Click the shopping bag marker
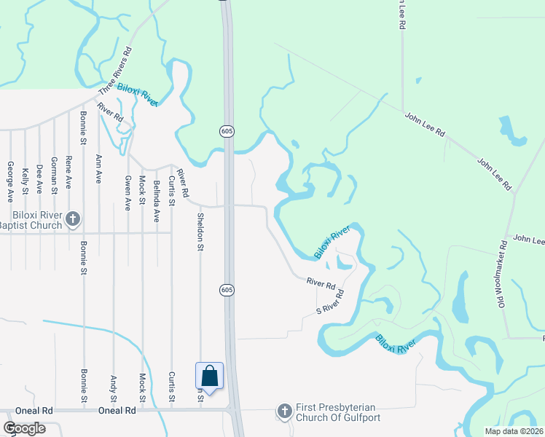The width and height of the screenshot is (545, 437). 209,377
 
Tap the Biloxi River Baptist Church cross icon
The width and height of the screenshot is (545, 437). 72,218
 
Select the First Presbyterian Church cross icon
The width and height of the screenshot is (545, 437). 285,412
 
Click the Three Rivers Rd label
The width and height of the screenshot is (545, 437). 117,71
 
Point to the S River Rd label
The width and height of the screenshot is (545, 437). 329,302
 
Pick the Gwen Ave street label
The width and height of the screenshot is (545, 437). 128,193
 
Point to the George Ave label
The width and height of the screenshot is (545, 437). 10,181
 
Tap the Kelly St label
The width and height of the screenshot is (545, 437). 25,181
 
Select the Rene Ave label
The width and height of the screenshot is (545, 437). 68,173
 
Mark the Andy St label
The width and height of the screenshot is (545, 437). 113,388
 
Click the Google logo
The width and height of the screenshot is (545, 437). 25,428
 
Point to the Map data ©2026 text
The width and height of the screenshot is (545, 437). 514,431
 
